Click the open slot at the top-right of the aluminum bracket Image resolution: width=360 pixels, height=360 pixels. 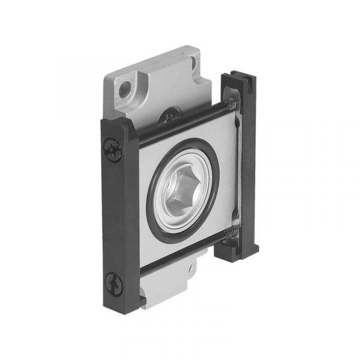195,62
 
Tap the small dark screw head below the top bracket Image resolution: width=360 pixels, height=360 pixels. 170,115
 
